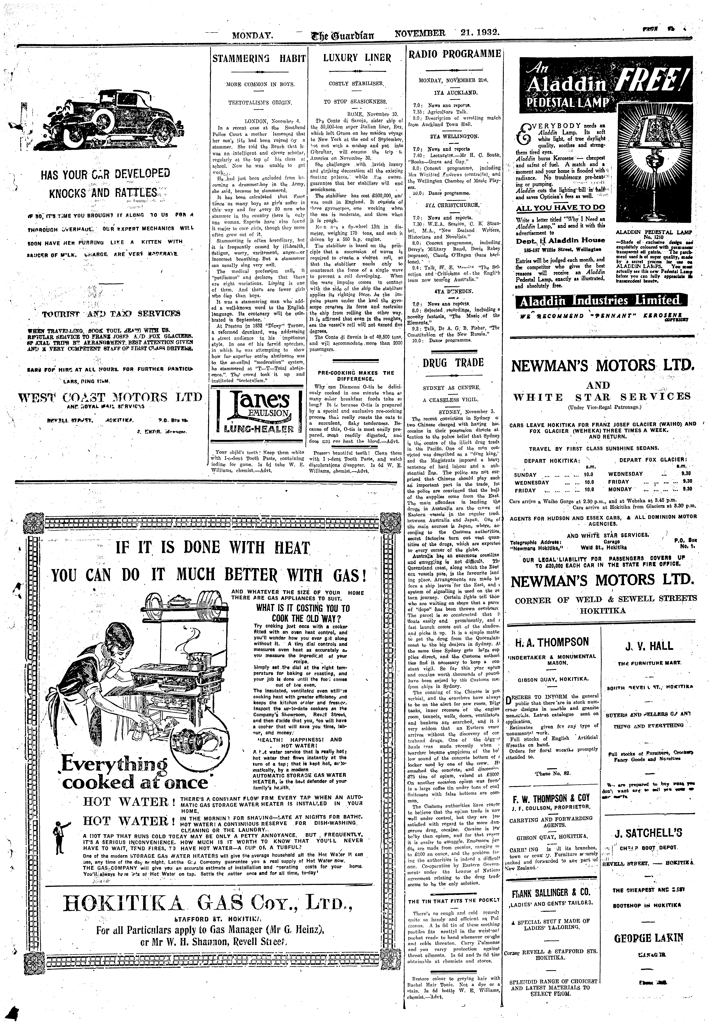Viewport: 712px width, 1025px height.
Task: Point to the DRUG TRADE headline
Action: tap(453, 362)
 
